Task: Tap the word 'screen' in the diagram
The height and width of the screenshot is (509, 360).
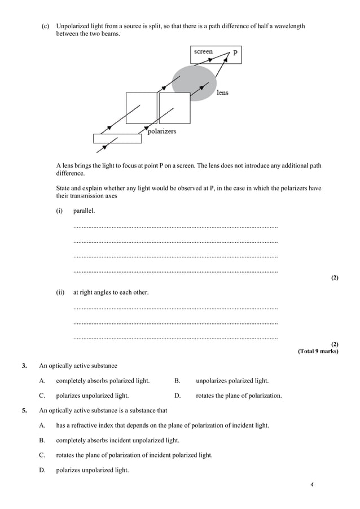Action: click(203, 51)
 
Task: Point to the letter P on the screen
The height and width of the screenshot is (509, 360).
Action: click(235, 52)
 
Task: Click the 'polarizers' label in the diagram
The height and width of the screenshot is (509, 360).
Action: click(161, 131)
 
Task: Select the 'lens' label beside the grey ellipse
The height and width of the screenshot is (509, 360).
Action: click(222, 93)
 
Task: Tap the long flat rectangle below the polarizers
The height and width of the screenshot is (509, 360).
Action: click(117, 138)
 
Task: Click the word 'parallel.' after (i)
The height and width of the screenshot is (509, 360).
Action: click(85, 210)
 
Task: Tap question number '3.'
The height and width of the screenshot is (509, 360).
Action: click(24, 366)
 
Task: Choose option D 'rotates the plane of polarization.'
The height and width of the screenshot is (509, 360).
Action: click(238, 396)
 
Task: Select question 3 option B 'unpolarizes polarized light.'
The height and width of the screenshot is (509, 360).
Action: click(232, 380)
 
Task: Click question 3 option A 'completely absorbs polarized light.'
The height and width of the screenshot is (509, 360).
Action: click(103, 380)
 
